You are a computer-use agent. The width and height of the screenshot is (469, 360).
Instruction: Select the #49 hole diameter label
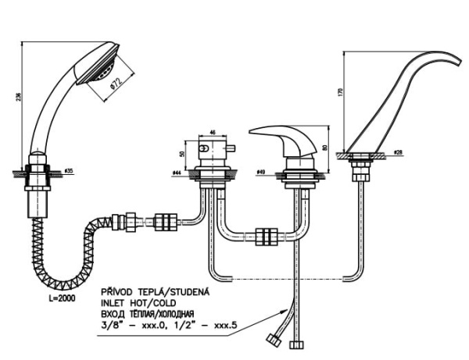[262, 172]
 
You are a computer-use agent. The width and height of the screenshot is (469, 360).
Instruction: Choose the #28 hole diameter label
[399, 151]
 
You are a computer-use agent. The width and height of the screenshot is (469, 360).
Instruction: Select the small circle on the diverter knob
[204, 149]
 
